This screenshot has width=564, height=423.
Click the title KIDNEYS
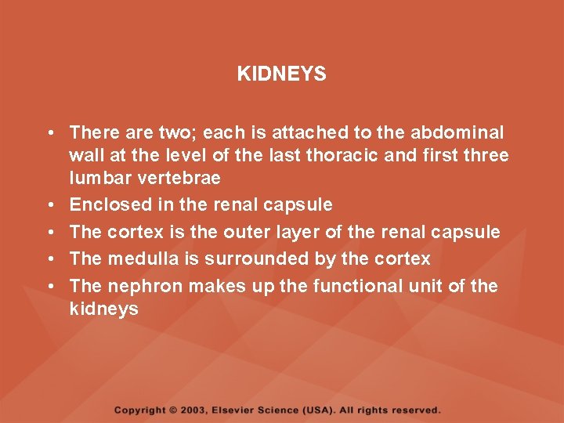click(x=281, y=74)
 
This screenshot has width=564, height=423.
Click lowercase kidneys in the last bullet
click(x=103, y=309)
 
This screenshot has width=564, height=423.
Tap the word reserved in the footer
click(x=416, y=410)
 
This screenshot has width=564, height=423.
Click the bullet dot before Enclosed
click(x=49, y=206)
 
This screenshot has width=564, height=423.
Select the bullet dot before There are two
click(x=49, y=133)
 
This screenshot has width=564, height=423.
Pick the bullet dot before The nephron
click(x=49, y=287)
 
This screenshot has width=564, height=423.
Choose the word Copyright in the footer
click(x=140, y=410)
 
